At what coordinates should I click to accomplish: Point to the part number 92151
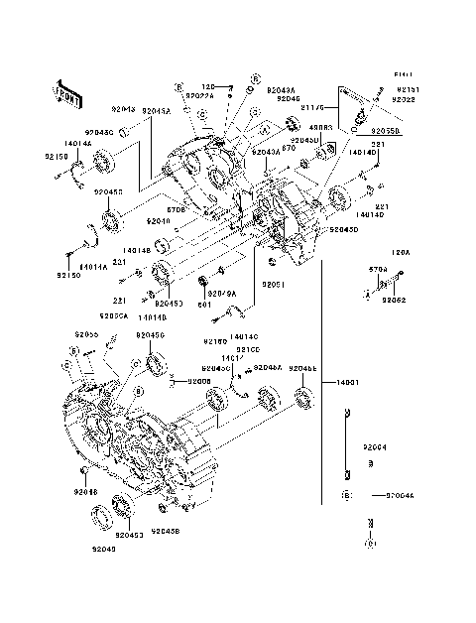click(404, 89)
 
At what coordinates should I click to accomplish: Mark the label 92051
click(274, 285)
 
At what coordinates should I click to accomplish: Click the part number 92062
click(395, 299)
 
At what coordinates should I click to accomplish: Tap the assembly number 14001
click(347, 381)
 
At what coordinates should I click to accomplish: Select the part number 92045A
click(156, 112)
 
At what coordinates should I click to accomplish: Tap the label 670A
click(377, 268)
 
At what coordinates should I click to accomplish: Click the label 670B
click(177, 210)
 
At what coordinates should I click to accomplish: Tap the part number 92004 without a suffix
click(377, 447)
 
